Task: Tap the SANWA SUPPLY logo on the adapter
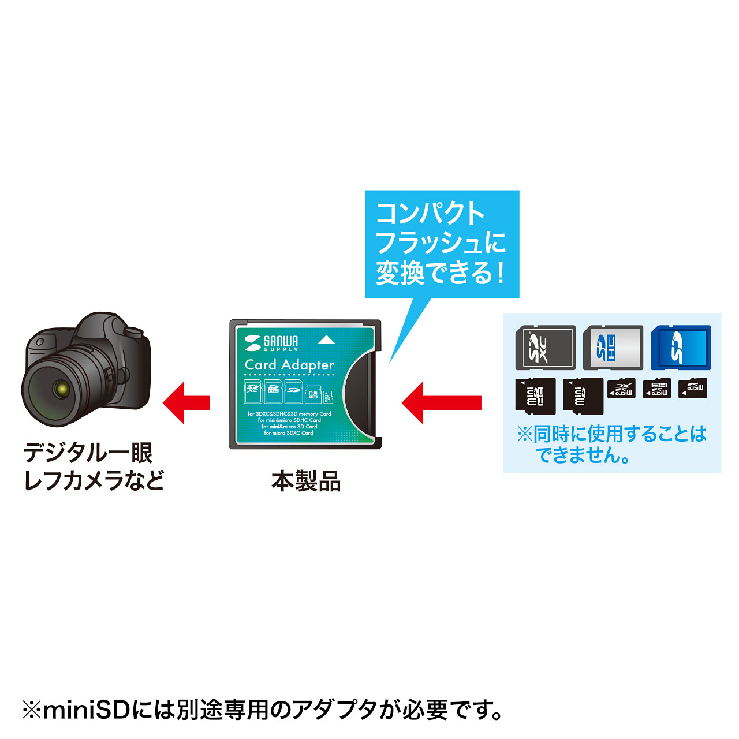click(x=272, y=342)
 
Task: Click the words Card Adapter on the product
click(x=289, y=365)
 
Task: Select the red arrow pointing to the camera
click(x=186, y=402)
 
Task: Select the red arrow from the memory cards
click(x=442, y=402)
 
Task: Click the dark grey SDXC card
click(x=545, y=348)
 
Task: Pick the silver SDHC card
click(x=613, y=348)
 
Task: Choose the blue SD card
click(x=681, y=348)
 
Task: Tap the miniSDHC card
click(x=535, y=396)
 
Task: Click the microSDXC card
click(x=621, y=389)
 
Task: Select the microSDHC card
click(x=657, y=389)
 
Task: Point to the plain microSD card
click(x=692, y=388)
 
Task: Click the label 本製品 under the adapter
click(x=306, y=481)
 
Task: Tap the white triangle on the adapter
click(x=326, y=340)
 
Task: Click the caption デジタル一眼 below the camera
click(x=88, y=453)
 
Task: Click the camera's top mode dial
click(x=133, y=332)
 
